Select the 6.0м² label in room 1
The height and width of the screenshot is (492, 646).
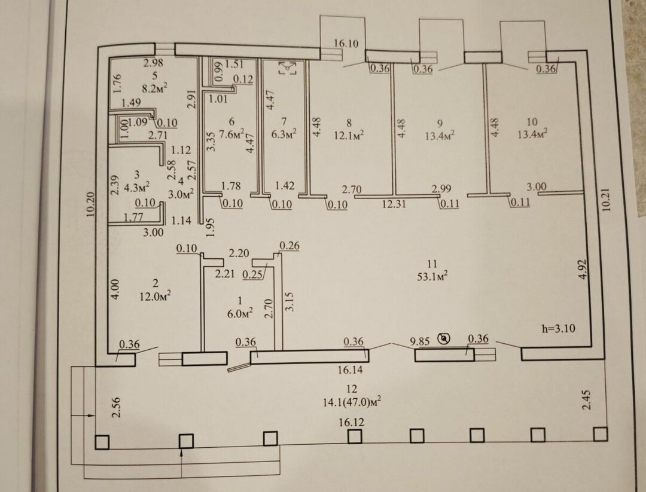(239, 311)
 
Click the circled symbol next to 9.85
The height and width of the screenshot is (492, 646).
(444, 339)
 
